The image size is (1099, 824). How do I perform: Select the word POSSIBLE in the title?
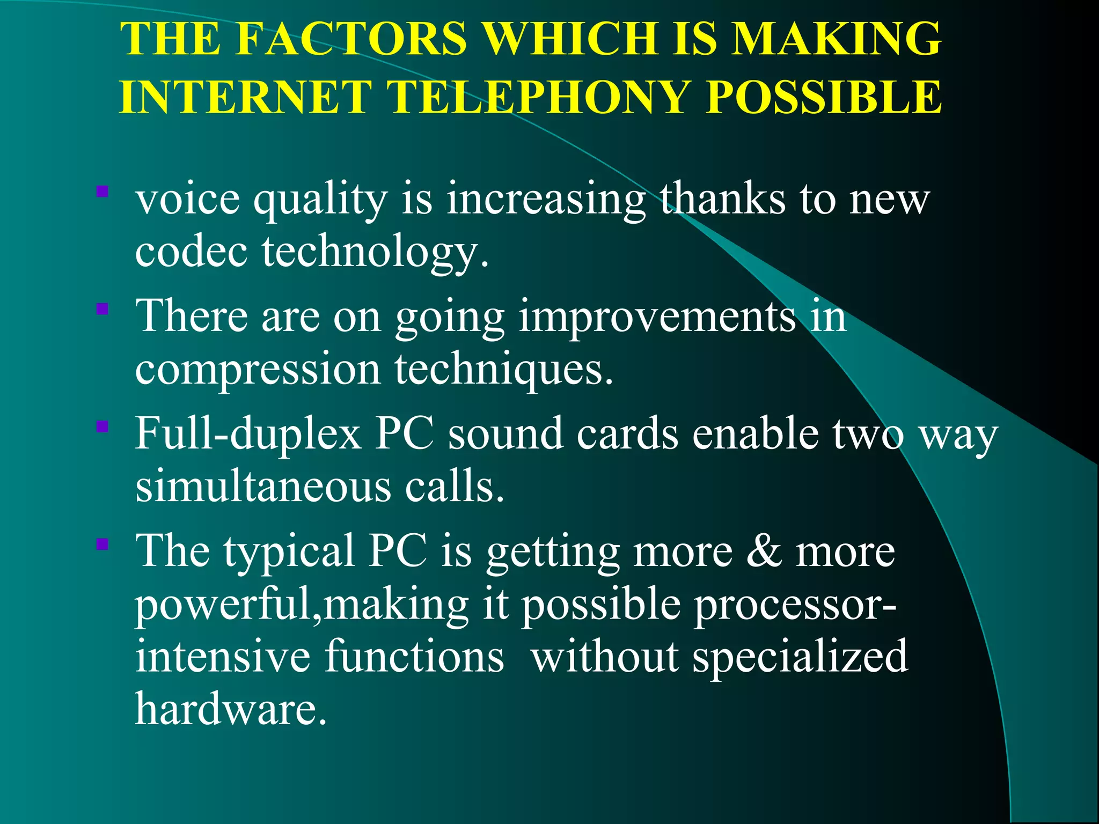click(824, 98)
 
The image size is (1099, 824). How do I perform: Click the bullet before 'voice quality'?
click(102, 192)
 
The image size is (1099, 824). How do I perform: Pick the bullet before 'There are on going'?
click(102, 309)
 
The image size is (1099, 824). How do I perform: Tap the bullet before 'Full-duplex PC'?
click(102, 427)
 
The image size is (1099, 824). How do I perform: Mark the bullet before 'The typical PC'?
click(102, 545)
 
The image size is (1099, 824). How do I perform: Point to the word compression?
click(258, 370)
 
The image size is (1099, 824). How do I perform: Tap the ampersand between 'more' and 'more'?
click(764, 551)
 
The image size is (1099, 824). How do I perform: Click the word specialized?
click(800, 658)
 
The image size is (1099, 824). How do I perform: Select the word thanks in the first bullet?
click(722, 198)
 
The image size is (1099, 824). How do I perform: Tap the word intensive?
click(223, 657)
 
